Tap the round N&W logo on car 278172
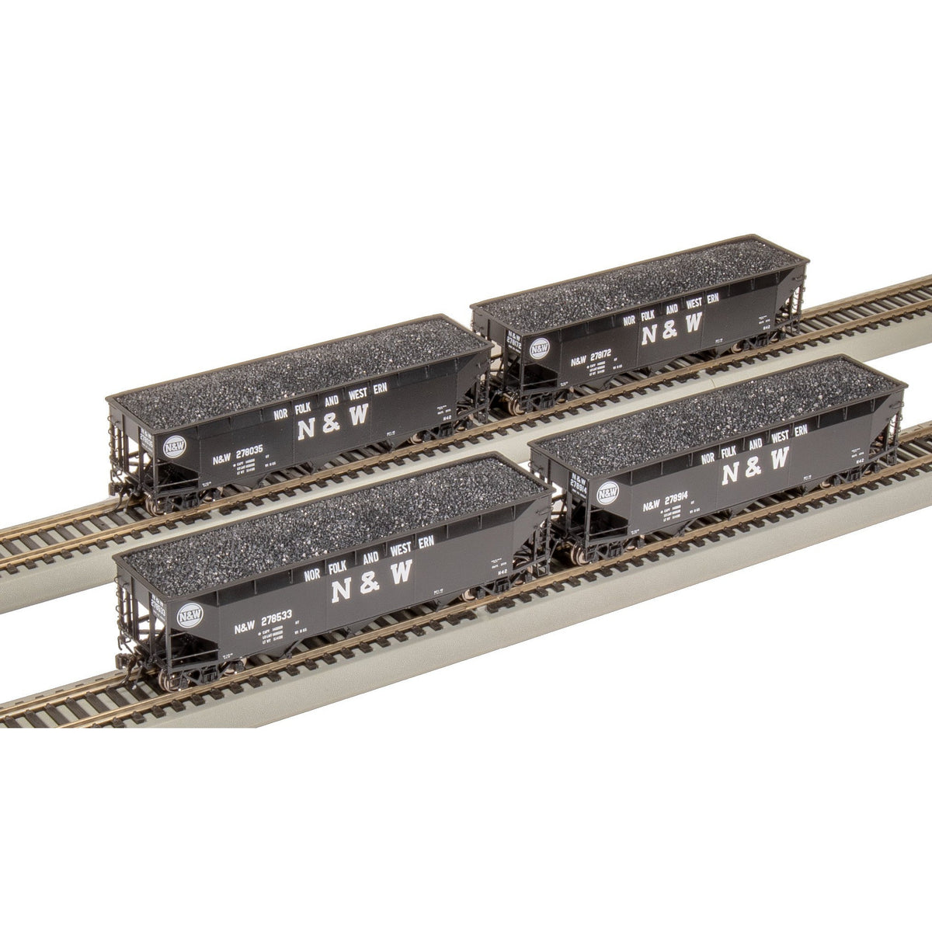point(539,347)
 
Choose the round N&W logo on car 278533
point(190,615)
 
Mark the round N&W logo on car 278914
point(608,492)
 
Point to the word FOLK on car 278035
point(300,411)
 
